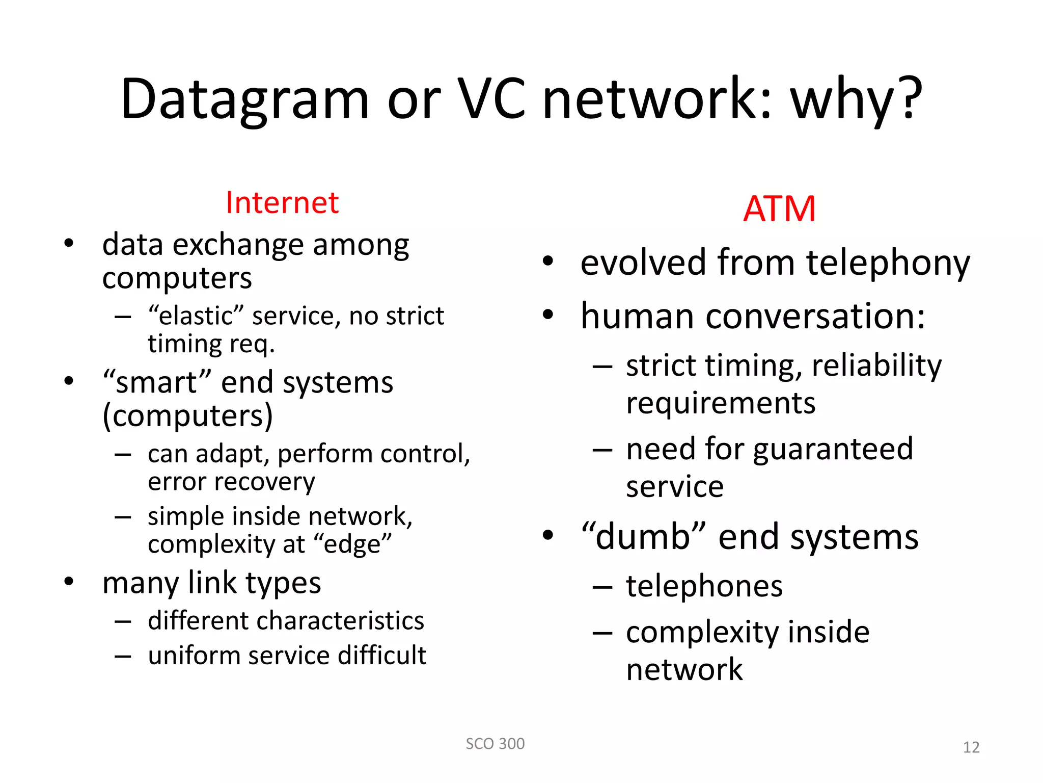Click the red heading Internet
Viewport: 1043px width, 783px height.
coord(282,203)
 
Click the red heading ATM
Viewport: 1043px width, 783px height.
coord(779,209)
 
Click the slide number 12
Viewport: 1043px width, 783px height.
coord(971,747)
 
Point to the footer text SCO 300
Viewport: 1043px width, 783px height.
coord(495,744)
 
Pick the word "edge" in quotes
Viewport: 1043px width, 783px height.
coord(352,544)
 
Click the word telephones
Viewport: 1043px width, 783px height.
coord(704,586)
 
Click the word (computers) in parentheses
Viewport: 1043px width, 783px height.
coord(187,416)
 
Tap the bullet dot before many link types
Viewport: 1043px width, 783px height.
coord(69,582)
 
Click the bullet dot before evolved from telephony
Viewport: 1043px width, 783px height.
coord(547,262)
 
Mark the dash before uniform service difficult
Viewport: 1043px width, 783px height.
coord(123,656)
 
